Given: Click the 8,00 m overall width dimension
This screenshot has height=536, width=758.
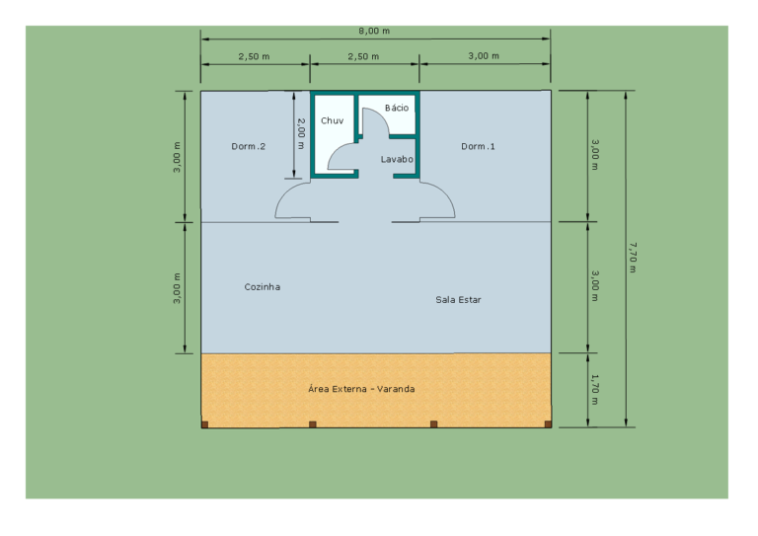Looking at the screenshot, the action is [374, 31].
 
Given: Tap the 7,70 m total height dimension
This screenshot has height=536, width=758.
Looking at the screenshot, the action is [633, 258].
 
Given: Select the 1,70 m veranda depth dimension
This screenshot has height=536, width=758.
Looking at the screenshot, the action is [595, 390].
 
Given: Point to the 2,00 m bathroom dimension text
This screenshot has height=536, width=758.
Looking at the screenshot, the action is [301, 134].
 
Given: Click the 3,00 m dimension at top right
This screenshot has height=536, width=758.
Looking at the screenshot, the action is [484, 56].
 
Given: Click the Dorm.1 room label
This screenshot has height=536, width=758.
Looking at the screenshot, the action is [478, 146].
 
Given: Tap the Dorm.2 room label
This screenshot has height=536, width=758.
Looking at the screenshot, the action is [249, 146].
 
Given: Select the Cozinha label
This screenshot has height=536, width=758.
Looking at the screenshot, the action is [262, 287].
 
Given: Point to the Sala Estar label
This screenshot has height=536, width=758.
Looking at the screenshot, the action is [458, 300].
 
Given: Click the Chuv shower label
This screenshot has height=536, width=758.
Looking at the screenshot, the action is [332, 120].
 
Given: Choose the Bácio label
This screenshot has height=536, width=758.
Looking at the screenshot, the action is [397, 108].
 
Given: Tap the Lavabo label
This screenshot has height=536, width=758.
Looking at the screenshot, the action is [397, 159].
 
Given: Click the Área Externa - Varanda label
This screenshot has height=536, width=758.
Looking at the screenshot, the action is [361, 389].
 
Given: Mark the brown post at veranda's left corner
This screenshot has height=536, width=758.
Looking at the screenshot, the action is [204, 424].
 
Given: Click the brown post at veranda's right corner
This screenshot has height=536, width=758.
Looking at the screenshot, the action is [548, 424].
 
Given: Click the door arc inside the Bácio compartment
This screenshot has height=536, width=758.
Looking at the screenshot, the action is [383, 116].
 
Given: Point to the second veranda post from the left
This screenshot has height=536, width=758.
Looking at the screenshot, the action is [313, 424].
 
